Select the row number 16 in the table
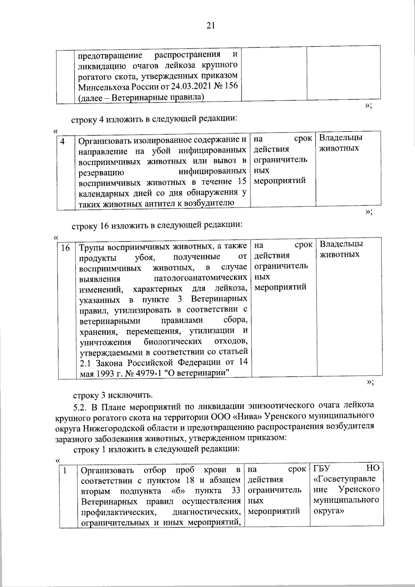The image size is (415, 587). point(66,248)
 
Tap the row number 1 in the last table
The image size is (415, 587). point(64,470)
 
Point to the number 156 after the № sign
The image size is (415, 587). point(231,86)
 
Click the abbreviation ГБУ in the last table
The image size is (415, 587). point(322,468)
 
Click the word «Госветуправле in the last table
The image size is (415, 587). point(344,479)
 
